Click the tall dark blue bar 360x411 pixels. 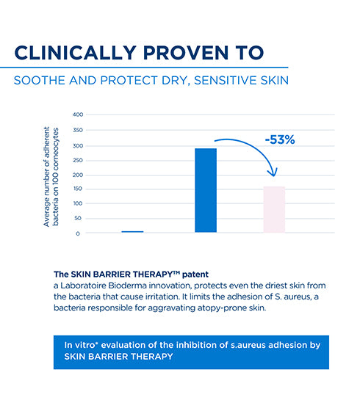click(206, 190)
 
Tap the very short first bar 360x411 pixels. click(132, 231)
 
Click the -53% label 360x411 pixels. click(279, 139)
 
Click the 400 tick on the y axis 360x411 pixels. click(79, 114)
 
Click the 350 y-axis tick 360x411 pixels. click(79, 129)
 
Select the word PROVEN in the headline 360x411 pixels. click(181, 53)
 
